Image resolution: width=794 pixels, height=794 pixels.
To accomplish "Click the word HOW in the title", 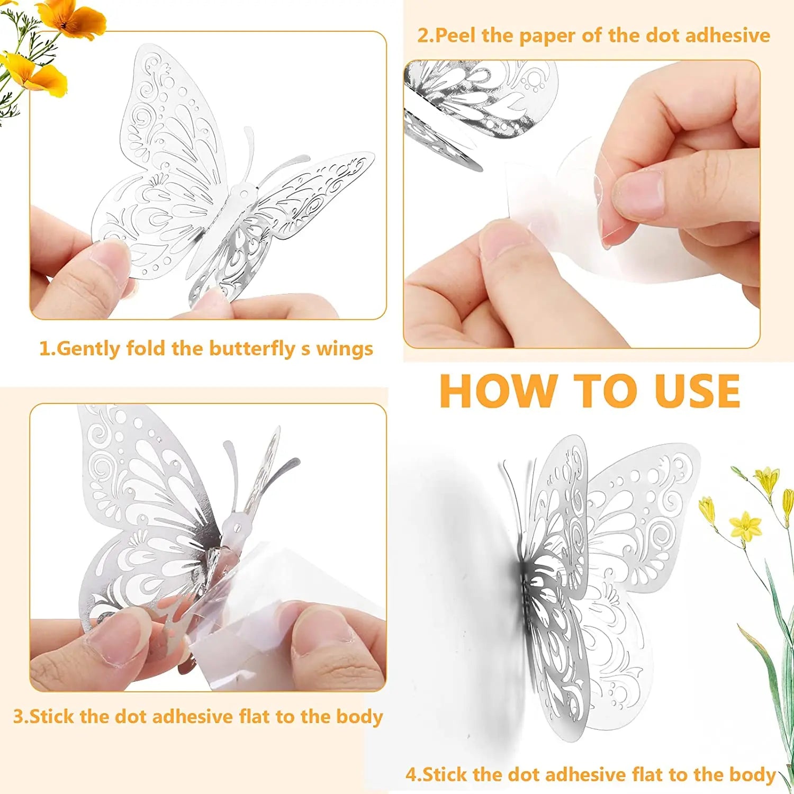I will tap(498, 391).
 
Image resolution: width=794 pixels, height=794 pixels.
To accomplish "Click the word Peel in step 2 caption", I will tap(456, 35).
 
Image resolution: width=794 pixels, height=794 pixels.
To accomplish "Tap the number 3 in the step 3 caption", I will tap(19, 717).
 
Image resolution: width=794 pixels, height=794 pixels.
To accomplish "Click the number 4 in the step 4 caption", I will tap(412, 774).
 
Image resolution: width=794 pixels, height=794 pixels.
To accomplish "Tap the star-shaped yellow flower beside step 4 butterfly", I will tap(745, 526).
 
